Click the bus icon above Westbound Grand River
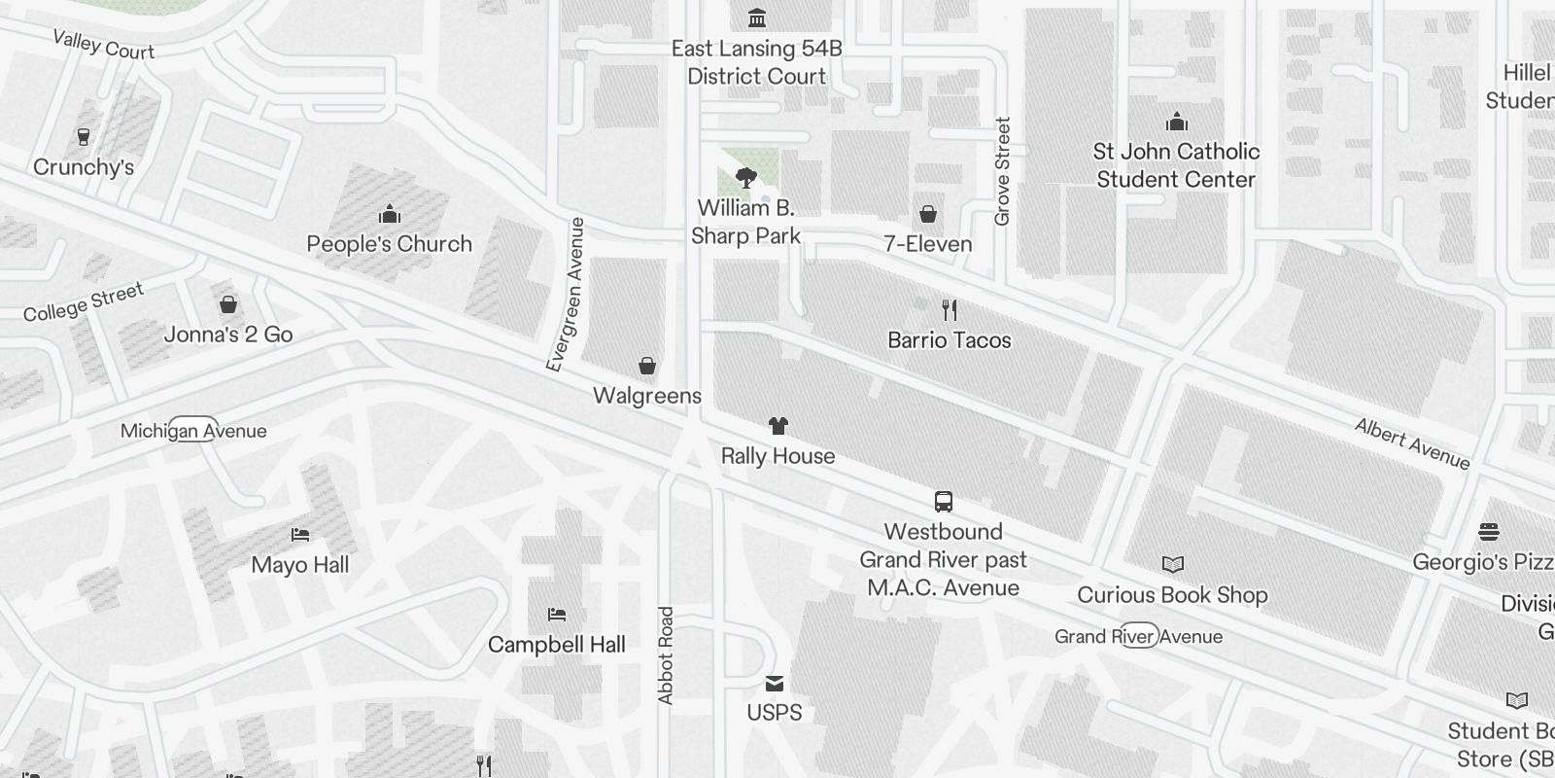[x=943, y=502]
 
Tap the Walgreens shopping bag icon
[x=647, y=366]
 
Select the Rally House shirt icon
[x=777, y=426]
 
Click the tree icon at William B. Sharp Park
[x=746, y=178]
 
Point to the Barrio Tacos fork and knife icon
[x=950, y=310]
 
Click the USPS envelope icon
[x=775, y=683]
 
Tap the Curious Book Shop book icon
[x=1173, y=565]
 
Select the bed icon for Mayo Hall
[x=300, y=535]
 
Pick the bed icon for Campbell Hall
[x=557, y=615]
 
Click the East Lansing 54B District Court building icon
[x=756, y=18]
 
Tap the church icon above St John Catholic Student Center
[x=1177, y=122]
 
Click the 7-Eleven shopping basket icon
[x=928, y=214]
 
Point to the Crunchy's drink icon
[x=84, y=137]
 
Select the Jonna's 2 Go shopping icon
[x=228, y=304]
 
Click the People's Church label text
[x=390, y=244]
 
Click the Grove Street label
[x=1003, y=172]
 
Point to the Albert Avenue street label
[x=1412, y=444]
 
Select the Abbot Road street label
[x=666, y=655]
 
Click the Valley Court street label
[x=103, y=45]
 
